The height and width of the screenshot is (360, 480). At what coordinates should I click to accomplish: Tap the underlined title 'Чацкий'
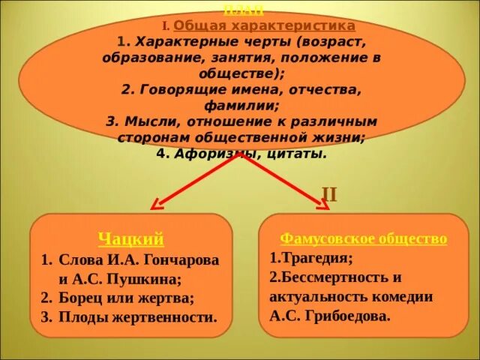[130, 239]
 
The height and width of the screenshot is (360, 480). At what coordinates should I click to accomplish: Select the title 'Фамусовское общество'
[363, 238]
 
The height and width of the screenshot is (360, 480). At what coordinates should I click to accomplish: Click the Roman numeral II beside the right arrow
[328, 195]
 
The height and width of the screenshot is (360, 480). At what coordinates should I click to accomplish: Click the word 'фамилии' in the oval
[238, 106]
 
